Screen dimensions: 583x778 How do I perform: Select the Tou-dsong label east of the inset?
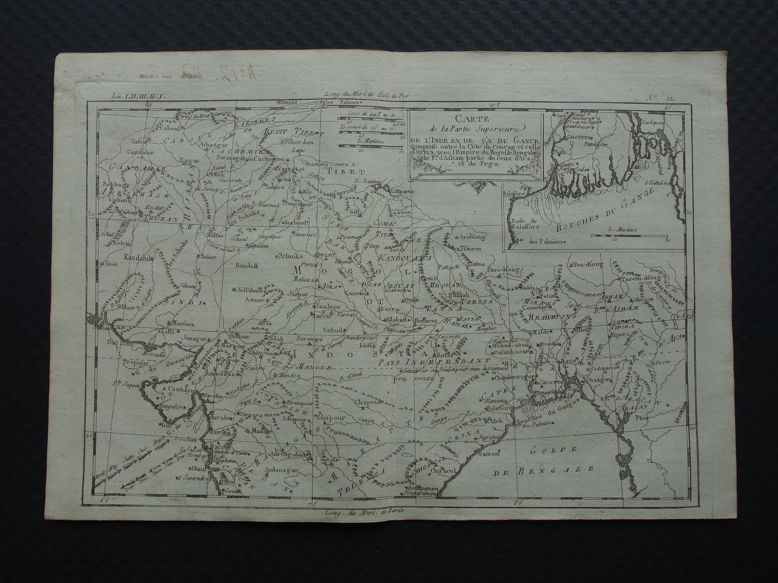click(x=584, y=265)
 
